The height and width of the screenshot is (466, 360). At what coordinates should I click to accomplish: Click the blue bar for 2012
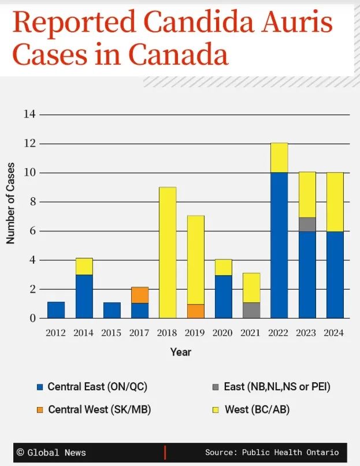pos(56,310)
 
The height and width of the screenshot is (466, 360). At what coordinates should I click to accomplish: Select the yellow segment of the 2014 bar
pos(84,267)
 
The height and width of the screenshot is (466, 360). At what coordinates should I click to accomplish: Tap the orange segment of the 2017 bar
pos(140,295)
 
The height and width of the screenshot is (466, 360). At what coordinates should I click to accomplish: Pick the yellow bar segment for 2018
pos(168,253)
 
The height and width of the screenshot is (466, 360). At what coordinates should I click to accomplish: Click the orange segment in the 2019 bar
pos(195,311)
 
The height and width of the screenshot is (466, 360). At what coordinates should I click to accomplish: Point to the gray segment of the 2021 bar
pos(251,310)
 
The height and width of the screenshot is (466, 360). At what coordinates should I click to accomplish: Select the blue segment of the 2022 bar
pos(279,245)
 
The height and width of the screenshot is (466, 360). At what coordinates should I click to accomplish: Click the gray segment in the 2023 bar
pos(307,224)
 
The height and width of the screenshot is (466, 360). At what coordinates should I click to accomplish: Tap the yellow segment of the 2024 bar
pos(335,202)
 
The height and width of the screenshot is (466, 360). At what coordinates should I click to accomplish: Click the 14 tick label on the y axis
pos(29,114)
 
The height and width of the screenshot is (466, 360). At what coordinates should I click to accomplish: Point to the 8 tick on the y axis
pos(32,202)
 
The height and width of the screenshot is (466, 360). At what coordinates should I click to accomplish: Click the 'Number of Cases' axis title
pos(11,203)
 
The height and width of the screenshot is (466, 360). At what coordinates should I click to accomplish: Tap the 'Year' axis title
pos(180,352)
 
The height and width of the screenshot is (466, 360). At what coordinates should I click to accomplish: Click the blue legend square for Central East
pos(40,387)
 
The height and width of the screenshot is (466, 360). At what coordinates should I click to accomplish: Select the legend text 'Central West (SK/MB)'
pos(99,409)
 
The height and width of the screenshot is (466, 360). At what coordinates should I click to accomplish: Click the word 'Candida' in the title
pos(190,23)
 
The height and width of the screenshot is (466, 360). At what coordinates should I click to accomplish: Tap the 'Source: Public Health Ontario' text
pos(272,452)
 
